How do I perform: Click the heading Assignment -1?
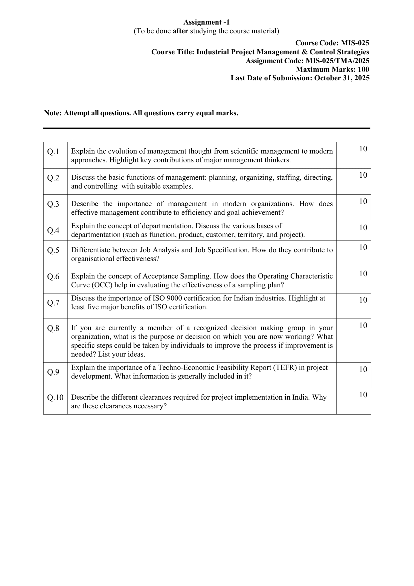click(x=206, y=22)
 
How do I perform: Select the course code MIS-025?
click(x=355, y=43)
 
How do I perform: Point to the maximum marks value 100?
click(x=363, y=69)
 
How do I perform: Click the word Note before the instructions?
click(x=52, y=113)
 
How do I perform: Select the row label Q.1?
click(x=53, y=152)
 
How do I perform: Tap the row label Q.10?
click(x=55, y=397)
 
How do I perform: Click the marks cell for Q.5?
click(x=363, y=247)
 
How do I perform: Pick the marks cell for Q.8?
click(x=363, y=326)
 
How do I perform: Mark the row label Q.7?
click(x=53, y=303)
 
